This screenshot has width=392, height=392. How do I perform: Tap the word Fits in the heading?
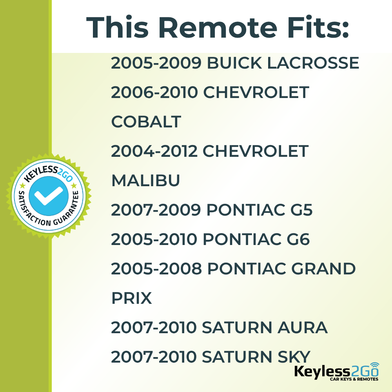click(318, 27)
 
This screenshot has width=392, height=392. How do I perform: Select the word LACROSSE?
click(313, 63)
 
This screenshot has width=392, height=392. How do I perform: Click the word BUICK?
click(234, 63)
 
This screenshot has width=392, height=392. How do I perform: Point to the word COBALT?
click(146, 122)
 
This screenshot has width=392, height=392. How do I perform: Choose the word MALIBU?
click(146, 180)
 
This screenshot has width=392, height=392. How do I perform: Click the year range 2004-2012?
click(154, 151)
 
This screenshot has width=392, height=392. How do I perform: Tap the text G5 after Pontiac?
click(301, 210)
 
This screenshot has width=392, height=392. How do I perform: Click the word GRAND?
click(323, 269)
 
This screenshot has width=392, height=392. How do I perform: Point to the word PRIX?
click(131, 298)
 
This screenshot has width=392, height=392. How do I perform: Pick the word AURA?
click(302, 327)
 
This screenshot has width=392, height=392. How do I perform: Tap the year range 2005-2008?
click(156, 269)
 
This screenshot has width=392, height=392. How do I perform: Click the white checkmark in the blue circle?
click(49, 196)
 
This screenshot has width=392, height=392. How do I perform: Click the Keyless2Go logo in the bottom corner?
click(336, 372)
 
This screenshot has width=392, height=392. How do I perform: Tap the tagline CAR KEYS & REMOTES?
click(354, 379)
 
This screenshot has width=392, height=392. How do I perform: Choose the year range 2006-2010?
click(154, 92)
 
